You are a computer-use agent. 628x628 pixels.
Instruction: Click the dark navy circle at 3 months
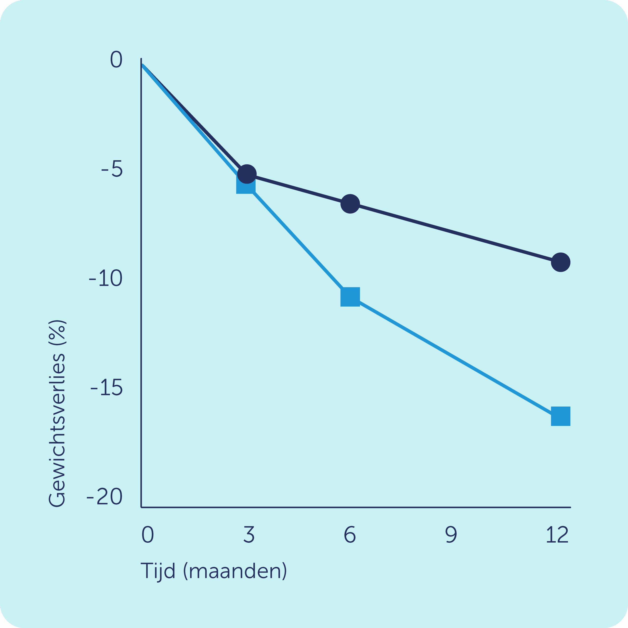pyautogui.click(x=247, y=174)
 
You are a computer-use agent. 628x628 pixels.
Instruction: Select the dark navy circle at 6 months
pyautogui.click(x=350, y=204)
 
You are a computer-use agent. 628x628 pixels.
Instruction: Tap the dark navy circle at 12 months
pyautogui.click(x=561, y=262)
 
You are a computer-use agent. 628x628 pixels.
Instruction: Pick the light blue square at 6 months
pyautogui.click(x=350, y=297)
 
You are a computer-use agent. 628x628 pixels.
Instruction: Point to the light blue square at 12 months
pyautogui.click(x=561, y=416)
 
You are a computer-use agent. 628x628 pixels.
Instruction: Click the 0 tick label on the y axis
pyautogui.click(x=116, y=59)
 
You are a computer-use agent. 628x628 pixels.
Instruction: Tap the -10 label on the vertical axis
pyautogui.click(x=106, y=278)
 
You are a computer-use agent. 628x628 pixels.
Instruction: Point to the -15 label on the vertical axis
pyautogui.click(x=107, y=387)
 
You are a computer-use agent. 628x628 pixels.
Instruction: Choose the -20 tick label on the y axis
pyautogui.click(x=105, y=497)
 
